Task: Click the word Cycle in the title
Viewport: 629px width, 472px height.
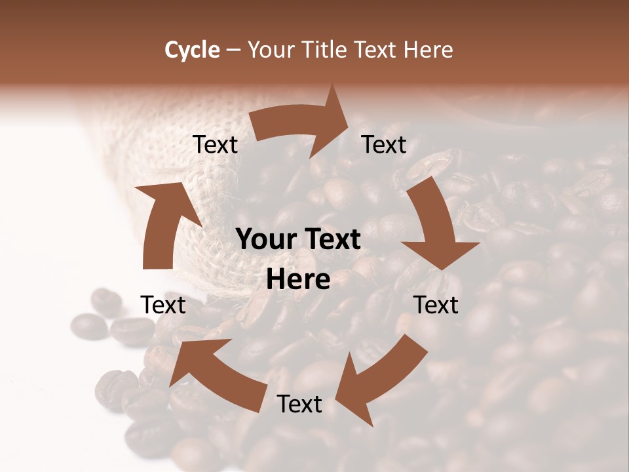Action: click(x=192, y=50)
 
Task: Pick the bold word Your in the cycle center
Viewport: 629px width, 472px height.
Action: click(x=265, y=240)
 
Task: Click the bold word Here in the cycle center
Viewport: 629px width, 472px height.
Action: click(x=298, y=280)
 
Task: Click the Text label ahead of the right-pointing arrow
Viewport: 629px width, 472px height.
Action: click(x=384, y=144)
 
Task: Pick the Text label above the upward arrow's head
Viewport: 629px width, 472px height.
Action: click(x=215, y=144)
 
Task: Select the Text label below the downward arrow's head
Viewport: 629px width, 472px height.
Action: click(x=436, y=305)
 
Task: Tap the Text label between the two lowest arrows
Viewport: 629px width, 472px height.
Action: click(x=299, y=404)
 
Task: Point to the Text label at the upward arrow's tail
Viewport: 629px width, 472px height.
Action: click(x=163, y=305)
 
